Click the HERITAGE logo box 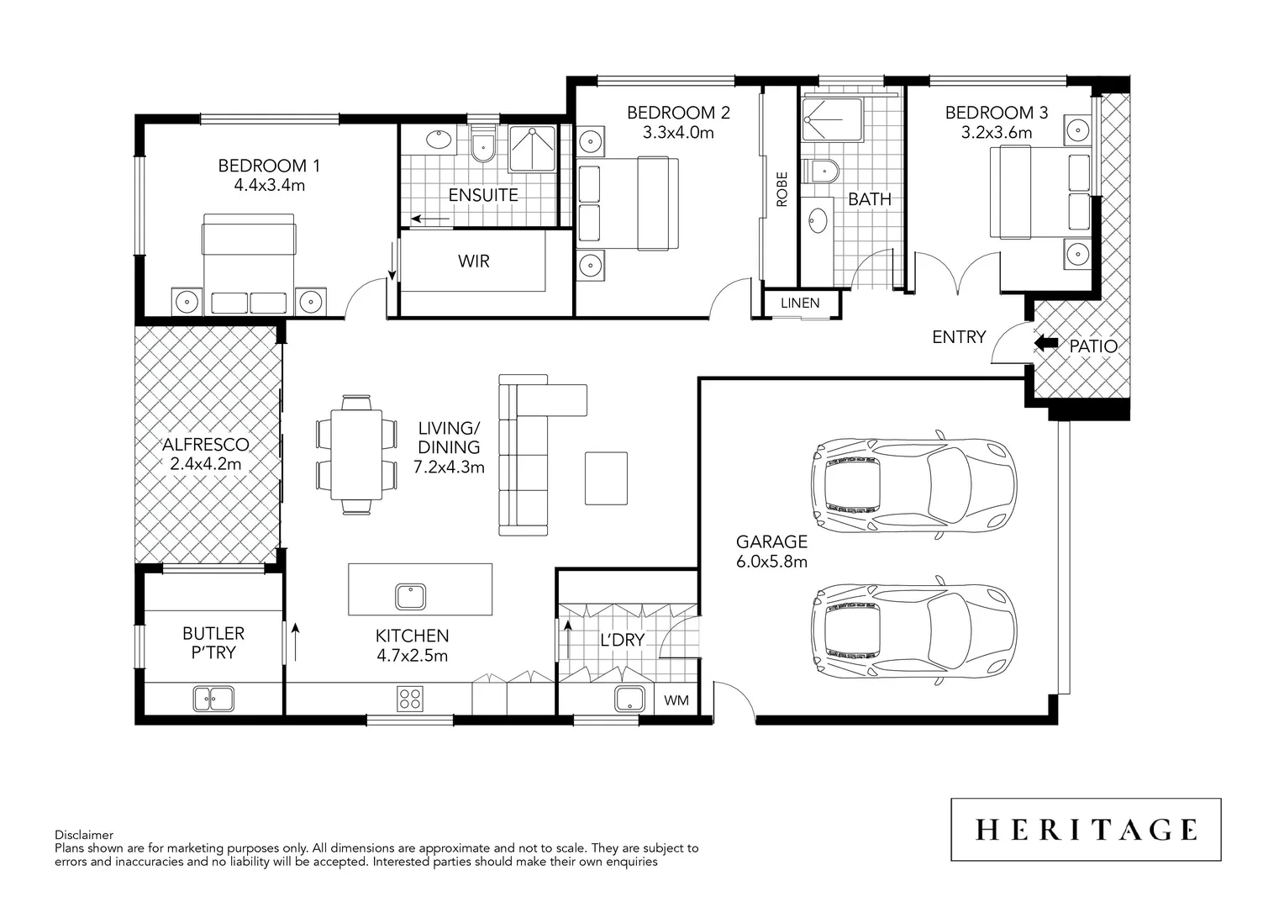click(1085, 830)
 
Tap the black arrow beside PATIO click(1045, 343)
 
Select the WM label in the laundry click(676, 700)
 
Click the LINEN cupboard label click(800, 303)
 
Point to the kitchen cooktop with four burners click(410, 698)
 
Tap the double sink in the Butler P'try click(213, 698)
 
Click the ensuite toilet click(483, 148)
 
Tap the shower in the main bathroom click(831, 120)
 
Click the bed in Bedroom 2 click(629, 203)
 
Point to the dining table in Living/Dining click(356, 454)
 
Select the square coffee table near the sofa click(606, 478)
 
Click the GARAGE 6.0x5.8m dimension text click(771, 562)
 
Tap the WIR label click(473, 261)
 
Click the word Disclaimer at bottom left click(83, 835)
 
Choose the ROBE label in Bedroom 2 click(782, 189)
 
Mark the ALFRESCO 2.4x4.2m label click(206, 454)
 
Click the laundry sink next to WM click(629, 699)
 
